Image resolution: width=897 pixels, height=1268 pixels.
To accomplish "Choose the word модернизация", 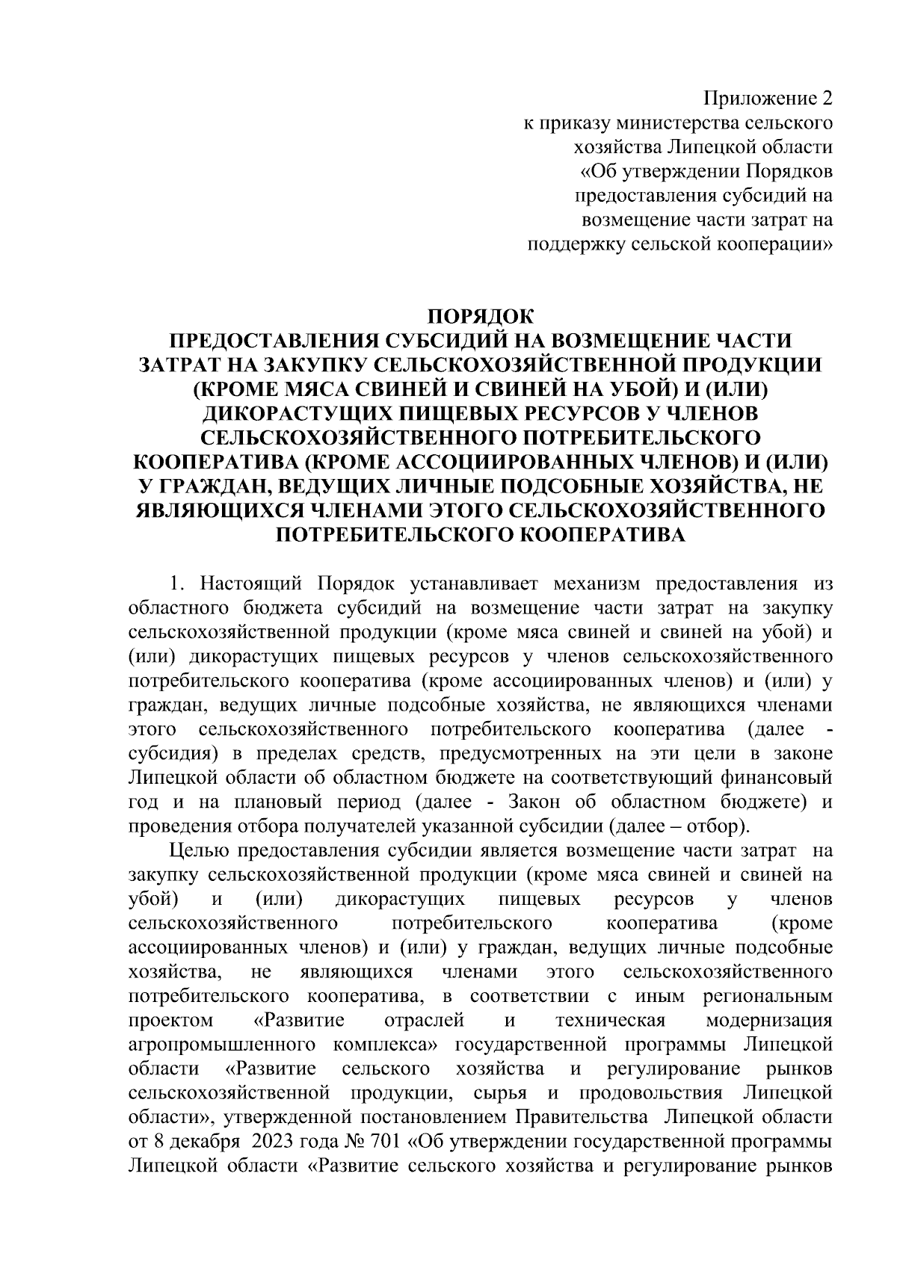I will (769, 1021).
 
